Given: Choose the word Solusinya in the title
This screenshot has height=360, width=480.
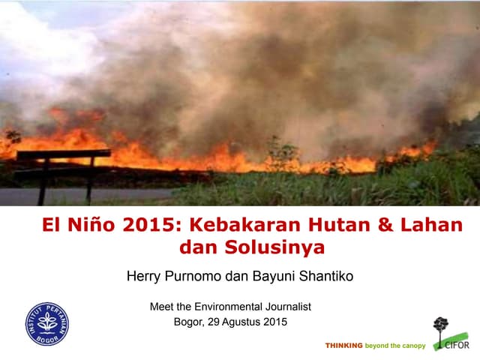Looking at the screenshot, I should point(271,247).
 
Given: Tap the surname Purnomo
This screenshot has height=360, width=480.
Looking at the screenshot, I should point(196,277).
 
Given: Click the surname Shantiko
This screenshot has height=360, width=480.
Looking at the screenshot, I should point(327,277).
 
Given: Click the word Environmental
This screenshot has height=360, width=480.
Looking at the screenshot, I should point(226,306).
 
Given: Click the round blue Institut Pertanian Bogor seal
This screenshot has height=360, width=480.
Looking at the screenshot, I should point(47,323).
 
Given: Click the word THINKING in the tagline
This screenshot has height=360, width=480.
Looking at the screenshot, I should point(343,346).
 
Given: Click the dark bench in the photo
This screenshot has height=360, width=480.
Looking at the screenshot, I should point(63,161).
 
